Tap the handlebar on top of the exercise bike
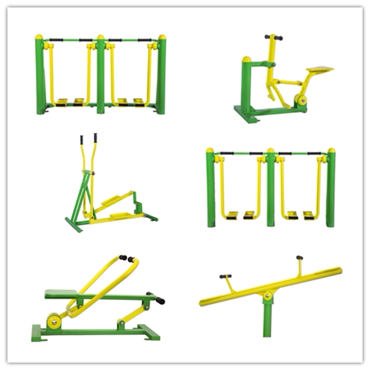(272, 36)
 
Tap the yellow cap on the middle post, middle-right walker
(271, 152)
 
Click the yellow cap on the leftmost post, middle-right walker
(211, 152)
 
